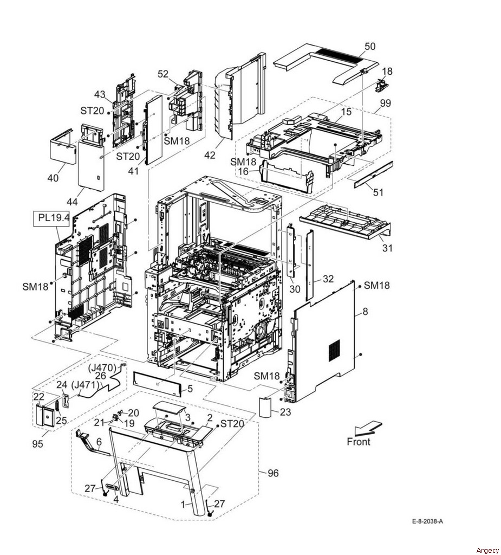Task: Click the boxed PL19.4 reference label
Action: tap(54, 218)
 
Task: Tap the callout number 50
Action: tap(370, 47)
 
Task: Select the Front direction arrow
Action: tap(368, 428)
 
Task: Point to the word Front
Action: tap(359, 442)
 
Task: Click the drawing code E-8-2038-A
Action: tap(427, 521)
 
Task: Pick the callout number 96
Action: tap(273, 473)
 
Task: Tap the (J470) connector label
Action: tap(102, 368)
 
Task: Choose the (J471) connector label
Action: tap(85, 384)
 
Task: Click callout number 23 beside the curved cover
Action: tap(285, 412)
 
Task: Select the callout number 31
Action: tap(387, 248)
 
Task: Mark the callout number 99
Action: tap(385, 104)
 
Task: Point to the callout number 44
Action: tap(72, 202)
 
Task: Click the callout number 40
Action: tap(53, 178)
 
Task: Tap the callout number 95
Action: tap(37, 443)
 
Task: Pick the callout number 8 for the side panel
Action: tap(366, 312)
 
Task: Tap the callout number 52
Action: tap(163, 74)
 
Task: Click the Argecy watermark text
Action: tap(487, 551)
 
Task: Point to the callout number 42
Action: tap(210, 155)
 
